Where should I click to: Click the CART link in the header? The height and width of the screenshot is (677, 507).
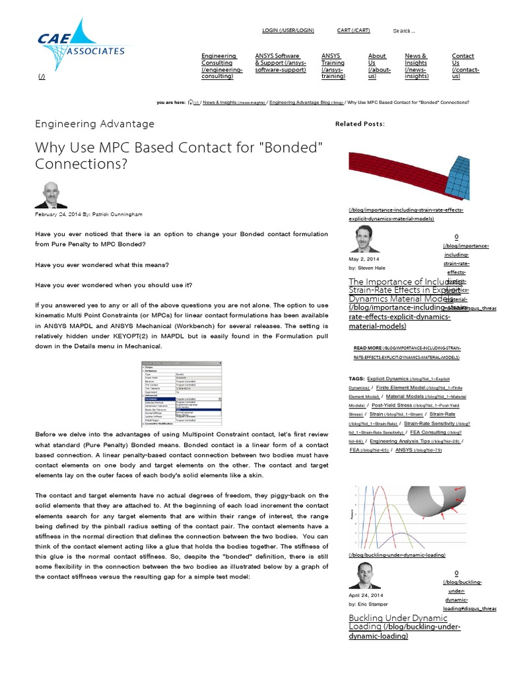click(x=353, y=30)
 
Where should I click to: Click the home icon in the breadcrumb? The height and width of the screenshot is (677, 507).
click(x=191, y=102)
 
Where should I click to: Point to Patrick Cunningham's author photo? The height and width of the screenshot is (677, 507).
click(x=51, y=194)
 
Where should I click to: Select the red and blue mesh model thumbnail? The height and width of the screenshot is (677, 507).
click(x=409, y=175)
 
